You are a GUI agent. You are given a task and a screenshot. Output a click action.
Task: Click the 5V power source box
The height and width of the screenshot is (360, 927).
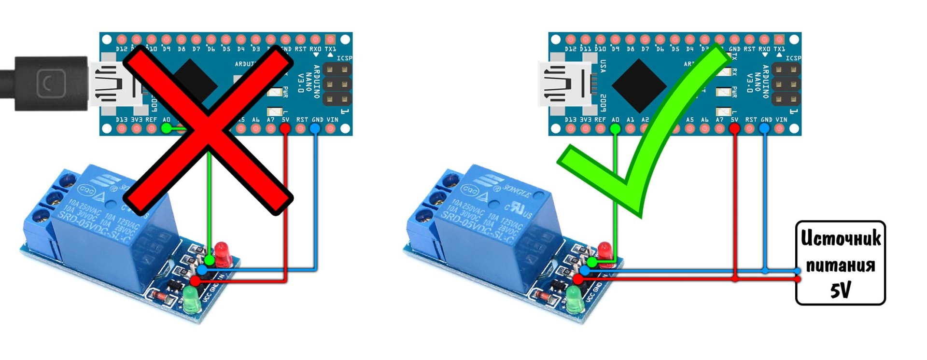(840, 263)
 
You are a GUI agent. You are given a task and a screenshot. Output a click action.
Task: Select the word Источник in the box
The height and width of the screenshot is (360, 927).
(840, 238)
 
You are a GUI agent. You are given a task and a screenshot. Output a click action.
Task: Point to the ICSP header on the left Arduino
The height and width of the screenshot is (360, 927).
(337, 84)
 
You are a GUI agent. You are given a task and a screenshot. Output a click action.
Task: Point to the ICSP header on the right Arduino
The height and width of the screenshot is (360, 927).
(786, 84)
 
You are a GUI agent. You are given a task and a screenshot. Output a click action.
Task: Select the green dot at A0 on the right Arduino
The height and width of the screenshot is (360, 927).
(615, 128)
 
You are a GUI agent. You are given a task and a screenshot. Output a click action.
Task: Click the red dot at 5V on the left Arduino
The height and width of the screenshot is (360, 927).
(285, 128)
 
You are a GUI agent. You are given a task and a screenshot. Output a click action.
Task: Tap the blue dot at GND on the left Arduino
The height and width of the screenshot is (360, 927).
(315, 128)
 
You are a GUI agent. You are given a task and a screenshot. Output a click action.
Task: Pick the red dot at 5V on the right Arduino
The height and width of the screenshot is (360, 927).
(734, 128)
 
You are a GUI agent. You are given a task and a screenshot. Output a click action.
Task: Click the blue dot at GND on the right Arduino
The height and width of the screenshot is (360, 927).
(764, 128)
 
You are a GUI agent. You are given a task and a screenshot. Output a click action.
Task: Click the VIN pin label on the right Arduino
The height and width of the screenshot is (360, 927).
(781, 120)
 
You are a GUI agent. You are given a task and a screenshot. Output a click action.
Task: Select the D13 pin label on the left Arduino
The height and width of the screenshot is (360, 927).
(122, 120)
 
